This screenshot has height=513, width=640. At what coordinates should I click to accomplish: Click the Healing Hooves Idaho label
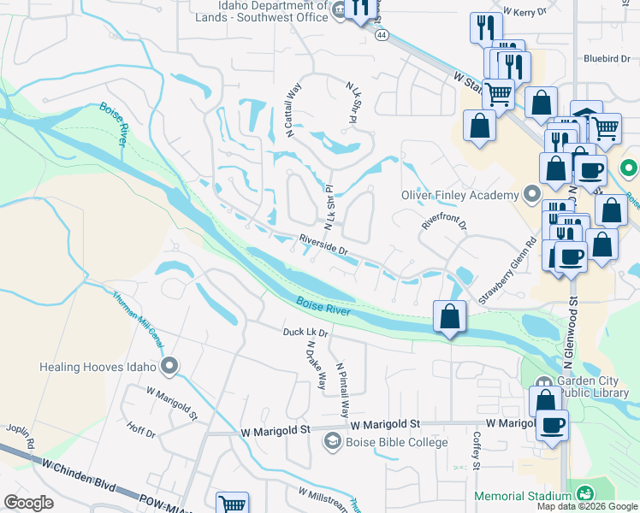(98, 368)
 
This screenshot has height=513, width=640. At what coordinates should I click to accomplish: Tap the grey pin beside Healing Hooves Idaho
(169, 368)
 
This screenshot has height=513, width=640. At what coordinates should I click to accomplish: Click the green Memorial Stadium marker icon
(585, 495)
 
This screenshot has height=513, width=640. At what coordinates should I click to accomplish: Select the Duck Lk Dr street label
(307, 332)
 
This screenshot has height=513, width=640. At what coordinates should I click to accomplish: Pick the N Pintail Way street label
(345, 387)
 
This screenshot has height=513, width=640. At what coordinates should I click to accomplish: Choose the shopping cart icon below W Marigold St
(232, 504)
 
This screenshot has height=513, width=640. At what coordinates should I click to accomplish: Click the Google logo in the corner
(29, 503)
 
